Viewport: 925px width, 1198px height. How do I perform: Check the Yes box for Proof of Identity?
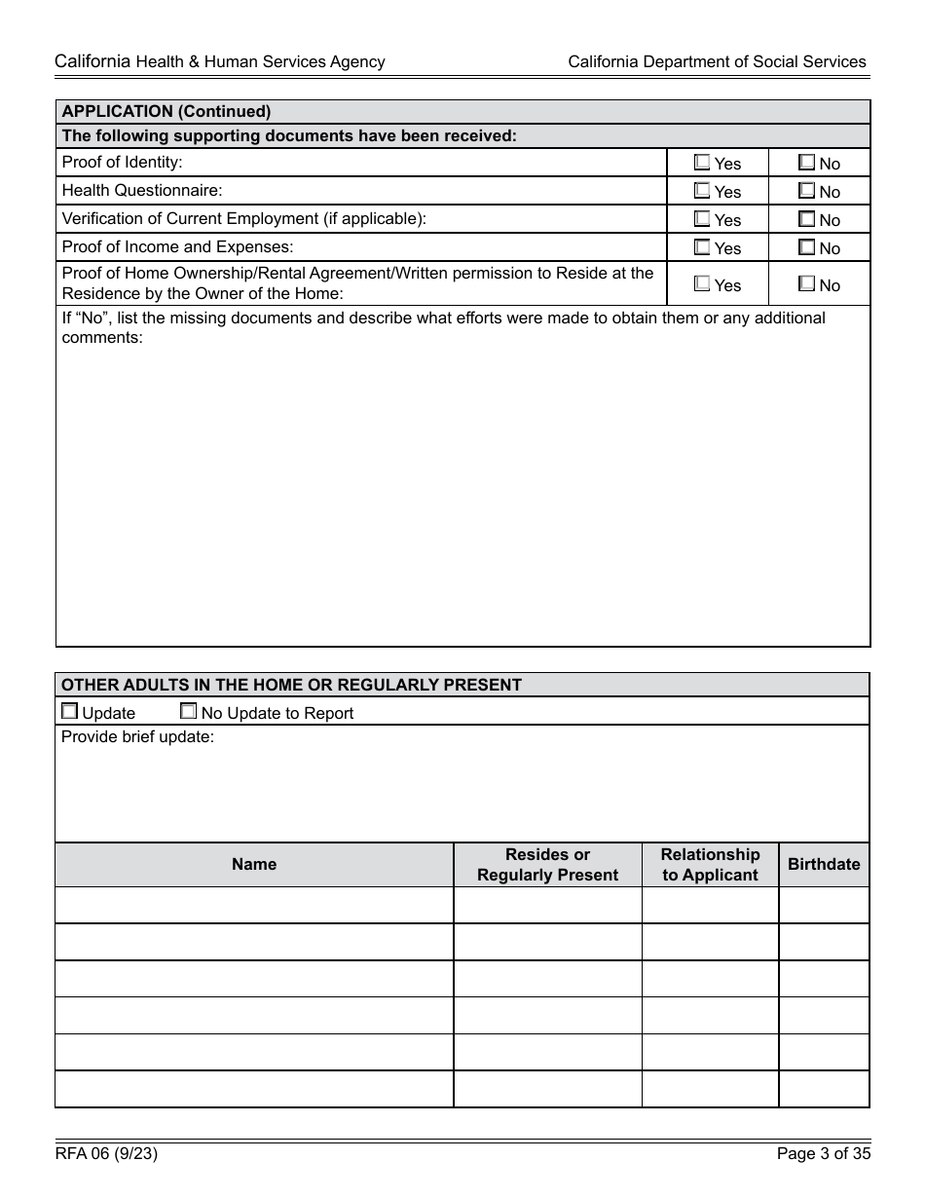[x=702, y=163]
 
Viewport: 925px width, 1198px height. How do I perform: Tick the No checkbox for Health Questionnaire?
[x=806, y=191]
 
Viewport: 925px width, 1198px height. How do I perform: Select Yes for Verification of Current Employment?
[x=702, y=219]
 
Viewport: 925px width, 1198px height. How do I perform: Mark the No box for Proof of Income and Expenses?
[x=806, y=247]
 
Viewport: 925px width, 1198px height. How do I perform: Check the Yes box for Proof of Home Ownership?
[x=702, y=284]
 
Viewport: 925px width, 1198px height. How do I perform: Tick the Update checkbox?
[x=69, y=712]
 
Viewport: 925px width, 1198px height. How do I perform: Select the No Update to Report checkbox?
[x=189, y=712]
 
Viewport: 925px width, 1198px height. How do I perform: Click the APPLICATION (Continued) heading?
[x=166, y=111]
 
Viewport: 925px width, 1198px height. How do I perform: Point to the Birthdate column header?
[x=824, y=864]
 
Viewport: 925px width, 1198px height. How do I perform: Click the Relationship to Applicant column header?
[x=710, y=864]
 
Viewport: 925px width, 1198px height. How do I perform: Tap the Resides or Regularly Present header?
[x=547, y=864]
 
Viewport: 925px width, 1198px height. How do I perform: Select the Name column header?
[x=254, y=864]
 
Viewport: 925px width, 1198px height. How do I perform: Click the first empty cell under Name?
[x=254, y=905]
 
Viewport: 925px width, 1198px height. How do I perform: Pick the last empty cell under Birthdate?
[x=824, y=1089]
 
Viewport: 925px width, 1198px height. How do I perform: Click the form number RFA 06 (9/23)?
[x=107, y=1155]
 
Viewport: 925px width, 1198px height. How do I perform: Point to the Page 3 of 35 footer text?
[x=823, y=1155]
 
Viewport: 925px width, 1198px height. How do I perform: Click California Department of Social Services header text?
[x=717, y=61]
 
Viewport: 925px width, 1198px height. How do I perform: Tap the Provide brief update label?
[x=137, y=737]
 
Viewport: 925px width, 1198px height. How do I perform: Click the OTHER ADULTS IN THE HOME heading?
[x=291, y=685]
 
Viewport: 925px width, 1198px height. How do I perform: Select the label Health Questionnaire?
[x=142, y=190]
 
